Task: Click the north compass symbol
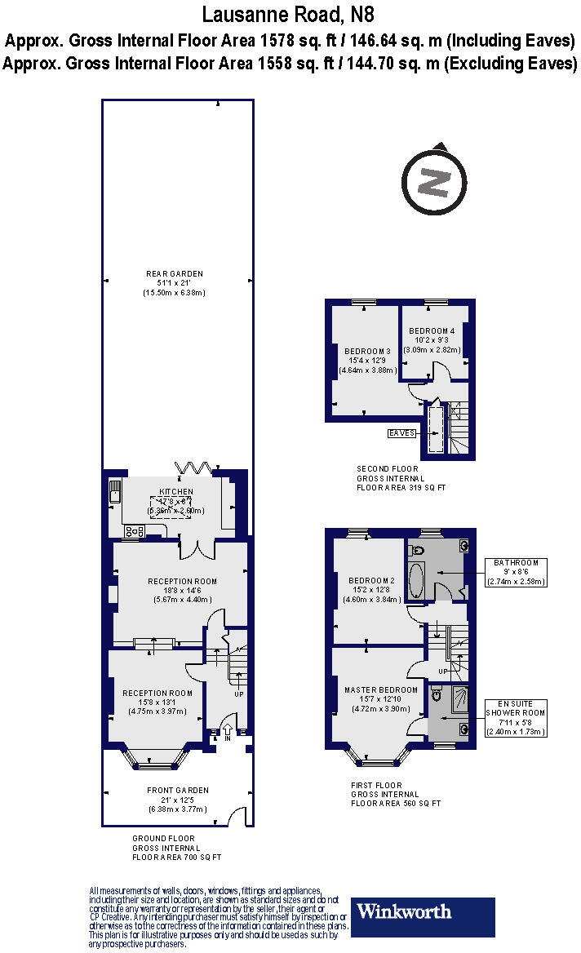pos(433,180)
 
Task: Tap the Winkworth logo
pos(423,916)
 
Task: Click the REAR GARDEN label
pos(175,273)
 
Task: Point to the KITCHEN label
pos(176,491)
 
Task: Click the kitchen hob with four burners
pos(135,531)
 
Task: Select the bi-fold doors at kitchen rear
pos(194,468)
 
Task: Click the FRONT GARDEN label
pos(177,790)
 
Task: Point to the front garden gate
pos(237,816)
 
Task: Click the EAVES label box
pos(402,432)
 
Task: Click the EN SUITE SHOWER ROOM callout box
pos(516,718)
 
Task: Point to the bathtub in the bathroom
pos(416,581)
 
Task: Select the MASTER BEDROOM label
pos(381,689)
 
